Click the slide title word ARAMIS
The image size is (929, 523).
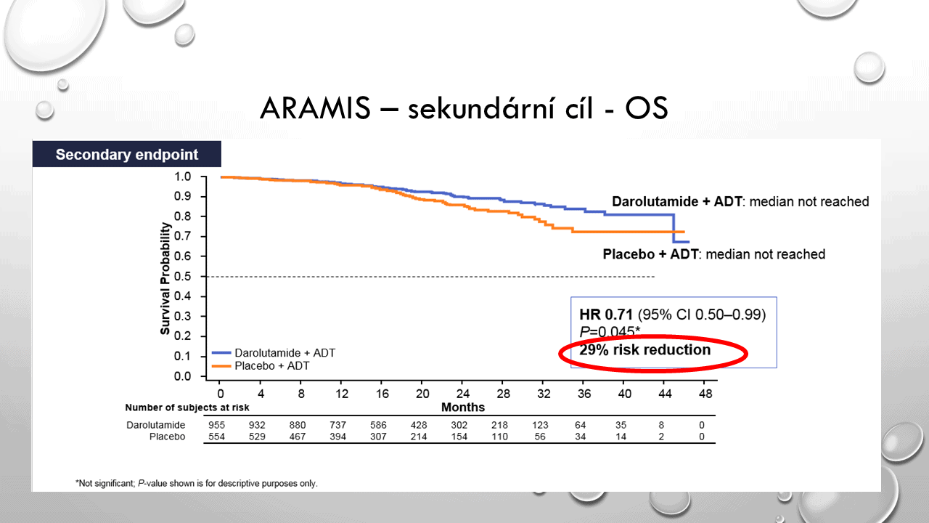315,108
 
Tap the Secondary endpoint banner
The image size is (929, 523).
127,154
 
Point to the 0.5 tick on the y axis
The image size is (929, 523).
203,277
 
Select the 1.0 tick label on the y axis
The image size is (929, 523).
182,177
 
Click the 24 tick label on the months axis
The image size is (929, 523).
462,394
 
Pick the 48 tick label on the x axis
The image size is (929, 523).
705,394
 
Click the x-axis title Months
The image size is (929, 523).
463,408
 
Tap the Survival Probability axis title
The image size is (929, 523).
165,278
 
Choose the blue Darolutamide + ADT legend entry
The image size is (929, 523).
274,353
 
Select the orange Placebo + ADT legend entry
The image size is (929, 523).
261,365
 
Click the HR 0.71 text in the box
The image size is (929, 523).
606,315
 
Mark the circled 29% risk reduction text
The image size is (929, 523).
645,350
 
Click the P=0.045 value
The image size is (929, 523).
610,331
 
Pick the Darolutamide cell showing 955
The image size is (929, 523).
216,425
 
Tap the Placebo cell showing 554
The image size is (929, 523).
216,437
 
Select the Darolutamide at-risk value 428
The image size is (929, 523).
419,425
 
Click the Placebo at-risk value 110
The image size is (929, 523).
499,437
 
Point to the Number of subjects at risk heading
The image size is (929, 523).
187,408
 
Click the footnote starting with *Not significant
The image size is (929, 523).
197,483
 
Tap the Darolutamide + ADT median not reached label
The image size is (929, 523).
740,202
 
